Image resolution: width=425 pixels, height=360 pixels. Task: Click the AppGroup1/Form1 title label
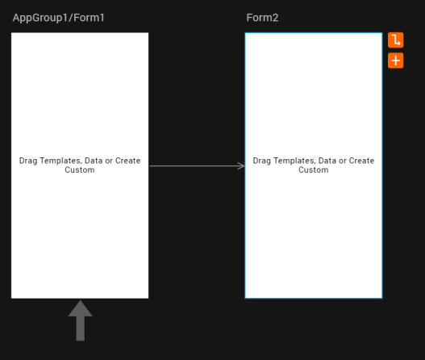(x=59, y=18)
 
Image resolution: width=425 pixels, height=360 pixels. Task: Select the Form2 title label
(x=262, y=18)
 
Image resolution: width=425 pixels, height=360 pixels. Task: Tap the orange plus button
(x=395, y=61)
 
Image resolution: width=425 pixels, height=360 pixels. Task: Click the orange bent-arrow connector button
(x=395, y=40)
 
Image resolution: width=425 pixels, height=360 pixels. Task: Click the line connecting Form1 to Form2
(x=197, y=165)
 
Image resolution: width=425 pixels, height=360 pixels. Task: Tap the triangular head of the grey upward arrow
(x=80, y=308)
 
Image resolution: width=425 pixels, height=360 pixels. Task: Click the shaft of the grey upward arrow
(x=80, y=329)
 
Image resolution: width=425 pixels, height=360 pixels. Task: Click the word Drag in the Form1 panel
(x=28, y=161)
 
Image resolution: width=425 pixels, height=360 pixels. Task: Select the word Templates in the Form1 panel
(x=61, y=161)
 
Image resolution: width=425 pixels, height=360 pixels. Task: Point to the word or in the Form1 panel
(x=109, y=161)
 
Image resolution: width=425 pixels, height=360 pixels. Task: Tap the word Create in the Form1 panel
(x=128, y=161)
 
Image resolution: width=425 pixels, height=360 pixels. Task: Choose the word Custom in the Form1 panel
(x=80, y=170)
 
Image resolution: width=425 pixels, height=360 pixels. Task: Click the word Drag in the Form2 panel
(x=262, y=161)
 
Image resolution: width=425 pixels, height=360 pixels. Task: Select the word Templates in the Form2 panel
(x=294, y=161)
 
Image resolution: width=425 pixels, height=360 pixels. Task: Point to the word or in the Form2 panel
(x=343, y=161)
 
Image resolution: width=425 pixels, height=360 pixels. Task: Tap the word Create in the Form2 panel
(x=361, y=161)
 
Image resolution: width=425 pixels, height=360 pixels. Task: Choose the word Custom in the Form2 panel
(x=314, y=170)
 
